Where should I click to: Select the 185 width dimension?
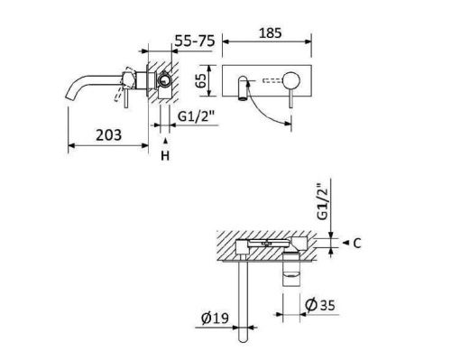coord(268,32)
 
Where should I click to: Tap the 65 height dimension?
coord(205,83)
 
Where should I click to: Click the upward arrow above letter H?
coord(165,140)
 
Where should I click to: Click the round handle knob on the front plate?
coord(290,82)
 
